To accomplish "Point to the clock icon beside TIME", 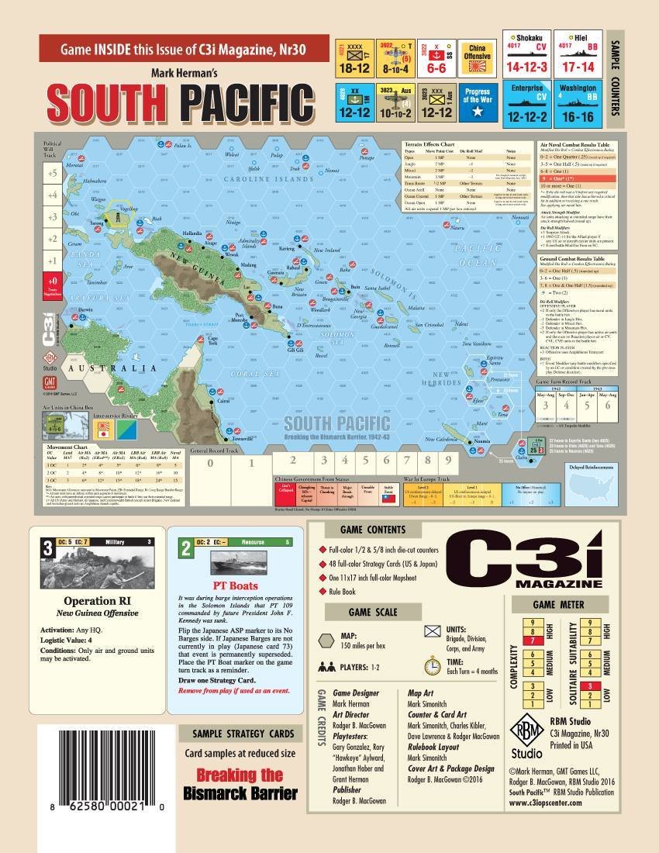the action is [x=433, y=665].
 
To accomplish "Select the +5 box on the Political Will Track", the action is [x=52, y=174].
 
